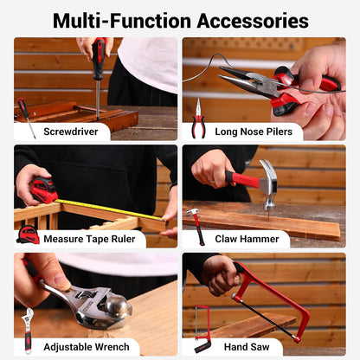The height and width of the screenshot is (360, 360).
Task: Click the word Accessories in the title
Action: [253, 21]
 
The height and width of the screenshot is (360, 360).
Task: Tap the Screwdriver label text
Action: [71, 132]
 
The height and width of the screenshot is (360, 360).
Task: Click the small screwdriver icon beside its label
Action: [26, 117]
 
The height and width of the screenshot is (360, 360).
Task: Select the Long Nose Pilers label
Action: [254, 132]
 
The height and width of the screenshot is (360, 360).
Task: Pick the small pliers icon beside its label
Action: [198, 119]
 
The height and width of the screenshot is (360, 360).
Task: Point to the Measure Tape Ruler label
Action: [89, 239]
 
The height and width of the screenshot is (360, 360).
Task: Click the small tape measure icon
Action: [28, 235]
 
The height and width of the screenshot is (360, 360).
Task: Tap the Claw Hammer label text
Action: [247, 239]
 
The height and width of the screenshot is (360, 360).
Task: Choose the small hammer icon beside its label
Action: [197, 226]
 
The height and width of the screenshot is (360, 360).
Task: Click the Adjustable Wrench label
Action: [87, 347]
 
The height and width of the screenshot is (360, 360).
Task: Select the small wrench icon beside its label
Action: [28, 331]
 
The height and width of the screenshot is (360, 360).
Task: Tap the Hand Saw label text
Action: [247, 347]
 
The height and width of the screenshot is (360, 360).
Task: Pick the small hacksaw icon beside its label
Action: [202, 329]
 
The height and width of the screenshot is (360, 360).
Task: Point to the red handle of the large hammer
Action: [242, 179]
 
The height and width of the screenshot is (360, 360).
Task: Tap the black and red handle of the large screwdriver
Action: [99, 59]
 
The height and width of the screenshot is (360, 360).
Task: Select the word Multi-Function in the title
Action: [122, 21]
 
